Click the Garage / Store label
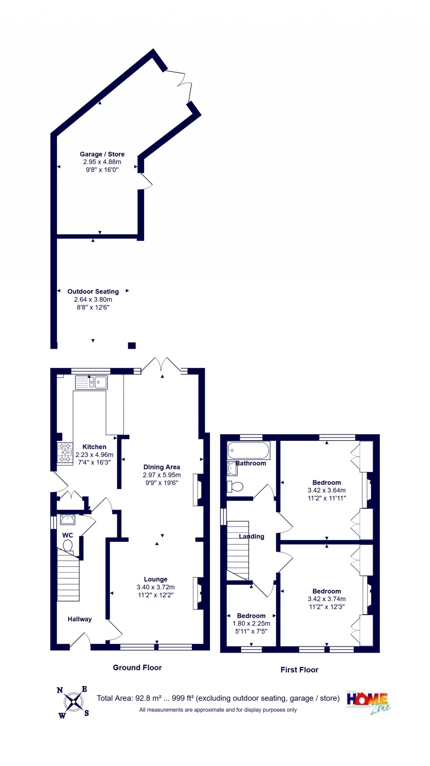pos(102,154)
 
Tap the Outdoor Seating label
pos(93,292)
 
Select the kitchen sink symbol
pos(92,383)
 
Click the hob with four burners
pos(65,453)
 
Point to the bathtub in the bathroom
pos(248,451)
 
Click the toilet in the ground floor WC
pos(68,546)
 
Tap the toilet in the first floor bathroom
pos(236,487)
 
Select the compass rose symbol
pos(73,701)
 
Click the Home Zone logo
pos(368,702)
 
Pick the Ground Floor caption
pos(137,667)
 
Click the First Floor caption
pos(299,670)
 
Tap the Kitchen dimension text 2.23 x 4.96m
pos(94,455)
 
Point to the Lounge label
pos(155,579)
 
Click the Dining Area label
pos(162,467)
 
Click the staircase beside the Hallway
pos(68,577)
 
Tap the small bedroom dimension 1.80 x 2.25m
pos(252,624)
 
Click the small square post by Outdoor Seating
pos(132,346)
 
